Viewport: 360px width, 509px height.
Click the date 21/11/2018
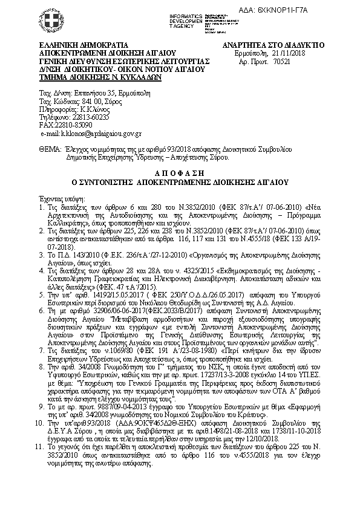[289, 53]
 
